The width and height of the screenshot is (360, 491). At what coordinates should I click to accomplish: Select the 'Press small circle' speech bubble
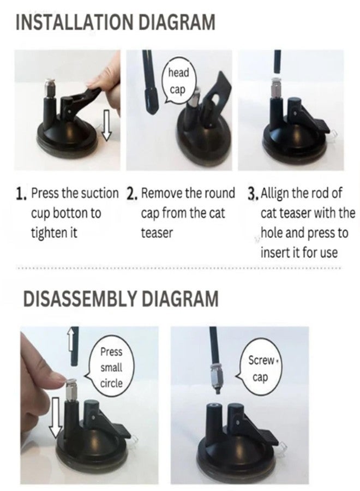click(x=110, y=367)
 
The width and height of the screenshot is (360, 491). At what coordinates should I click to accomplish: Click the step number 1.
click(x=21, y=194)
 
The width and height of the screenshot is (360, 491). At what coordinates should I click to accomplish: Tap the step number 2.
click(x=132, y=194)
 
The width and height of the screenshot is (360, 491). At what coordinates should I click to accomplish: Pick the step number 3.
click(x=253, y=194)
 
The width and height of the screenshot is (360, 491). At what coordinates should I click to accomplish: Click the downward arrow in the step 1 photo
click(x=107, y=124)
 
